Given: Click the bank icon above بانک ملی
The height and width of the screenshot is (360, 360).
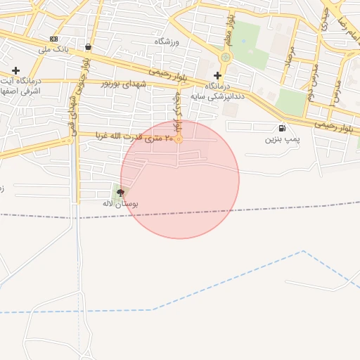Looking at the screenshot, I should coord(53,39).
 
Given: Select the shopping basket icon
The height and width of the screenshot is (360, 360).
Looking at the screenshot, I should coord(88,47).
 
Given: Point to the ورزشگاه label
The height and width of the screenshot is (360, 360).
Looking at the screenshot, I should coord(167,42).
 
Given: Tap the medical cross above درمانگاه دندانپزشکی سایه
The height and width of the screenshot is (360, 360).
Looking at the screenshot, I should coord(217,75).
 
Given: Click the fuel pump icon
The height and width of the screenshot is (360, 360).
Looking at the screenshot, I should coord(282,128).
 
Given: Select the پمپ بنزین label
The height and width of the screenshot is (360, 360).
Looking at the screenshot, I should coord(282,139).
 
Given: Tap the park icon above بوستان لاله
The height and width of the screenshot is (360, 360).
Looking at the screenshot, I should coord(120,192).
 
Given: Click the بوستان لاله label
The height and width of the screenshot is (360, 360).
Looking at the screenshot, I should coord(120,203).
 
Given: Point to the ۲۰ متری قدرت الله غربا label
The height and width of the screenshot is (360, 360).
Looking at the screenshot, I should coord(134,136).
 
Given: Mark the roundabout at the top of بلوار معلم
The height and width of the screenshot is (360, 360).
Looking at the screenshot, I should coord(225,57).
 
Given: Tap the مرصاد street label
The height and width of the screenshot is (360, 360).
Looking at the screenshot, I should coord(289,62).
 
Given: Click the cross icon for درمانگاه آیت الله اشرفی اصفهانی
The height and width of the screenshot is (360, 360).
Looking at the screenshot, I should coord(15,70).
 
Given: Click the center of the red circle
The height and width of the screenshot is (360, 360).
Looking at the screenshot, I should coord(180,179).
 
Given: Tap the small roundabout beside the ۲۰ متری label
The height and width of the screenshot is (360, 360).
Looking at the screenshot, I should coord(179,139).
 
